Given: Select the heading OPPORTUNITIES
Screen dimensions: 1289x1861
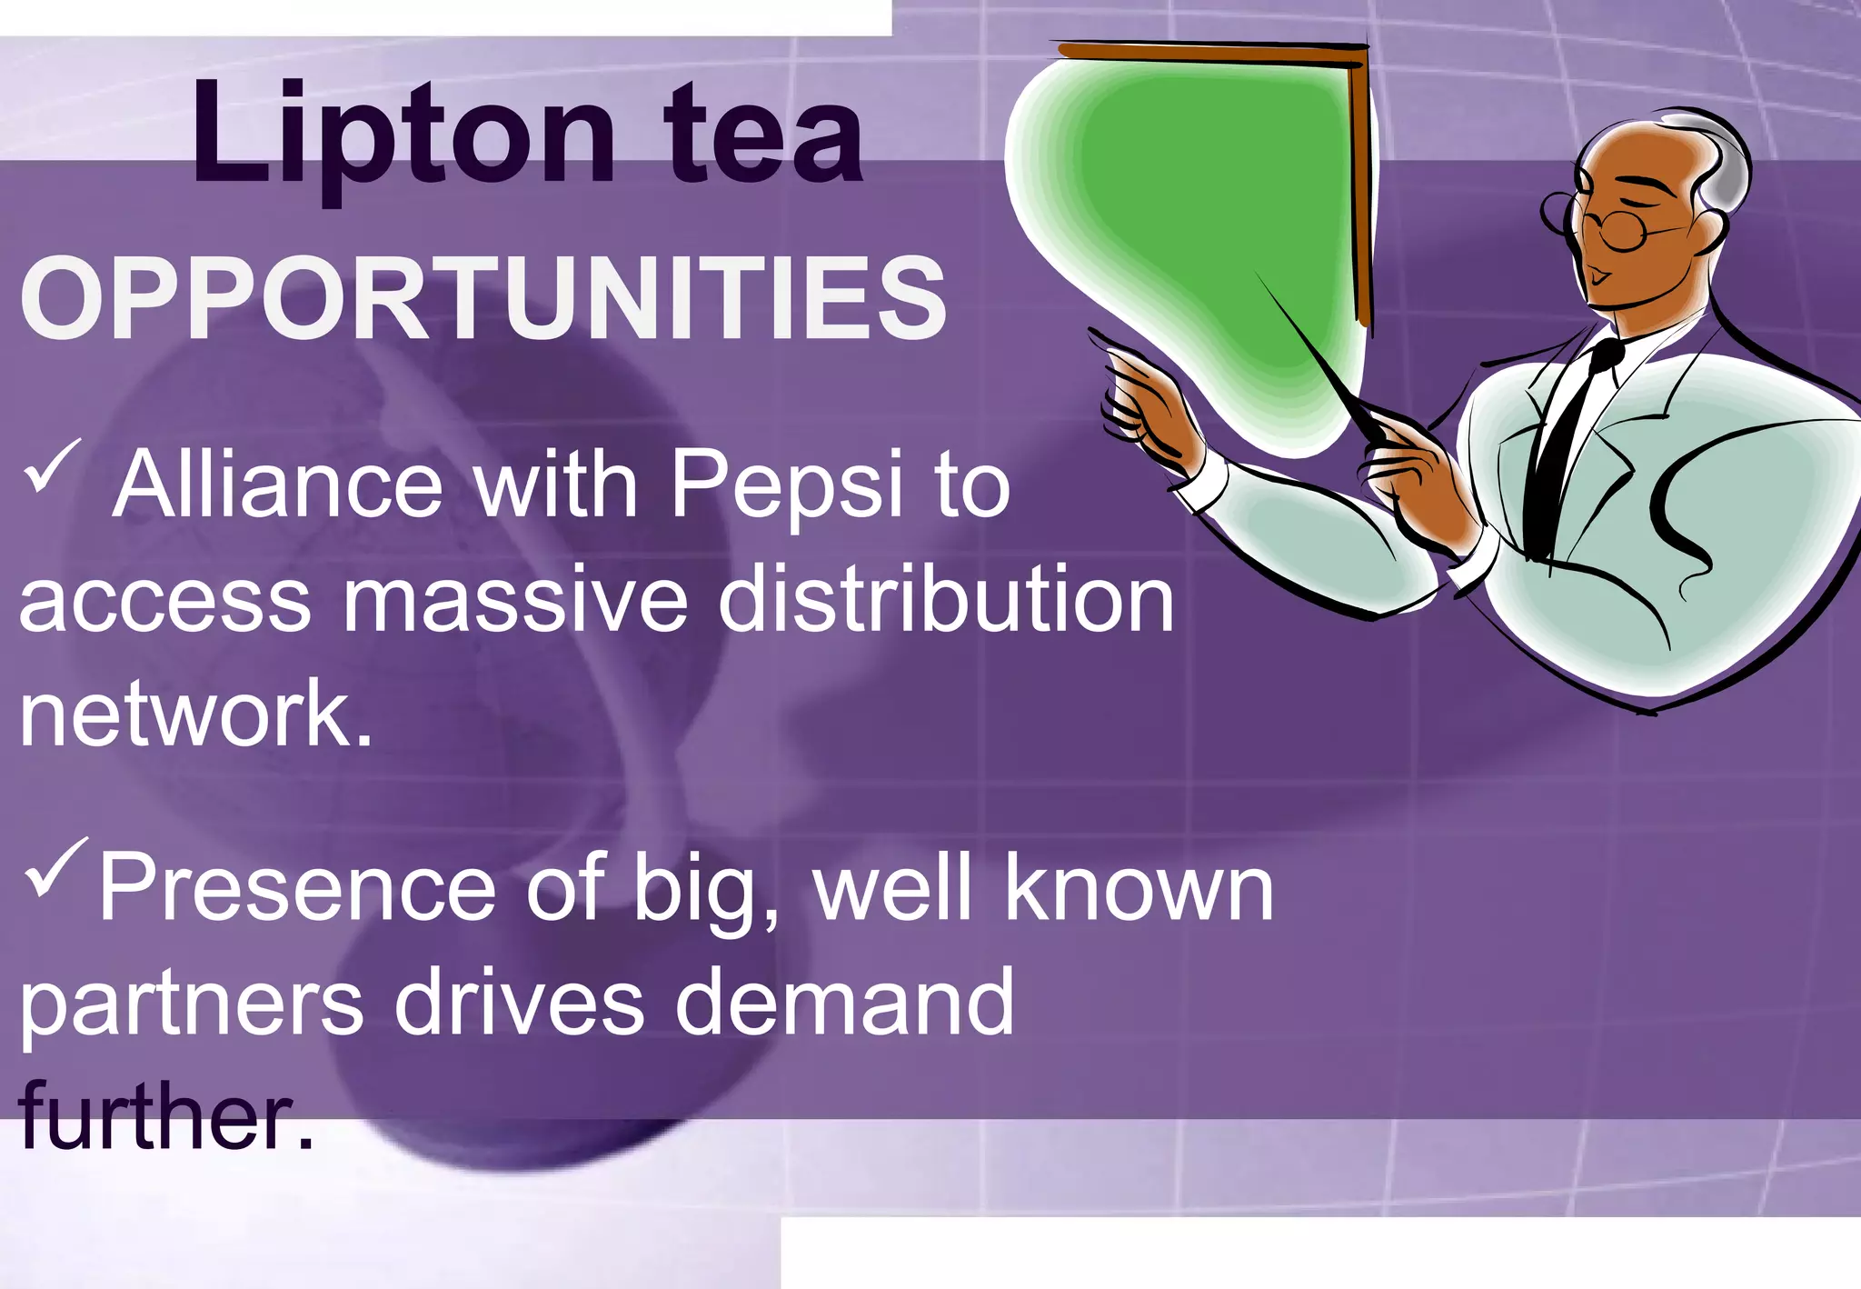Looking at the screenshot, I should (x=483, y=298).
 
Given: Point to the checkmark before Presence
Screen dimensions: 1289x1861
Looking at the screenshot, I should (x=56, y=866).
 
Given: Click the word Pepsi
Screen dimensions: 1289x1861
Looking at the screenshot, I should (x=787, y=486).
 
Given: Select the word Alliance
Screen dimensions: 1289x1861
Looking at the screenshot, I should (x=278, y=486).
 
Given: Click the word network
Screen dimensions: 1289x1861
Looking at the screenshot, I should (x=196, y=714).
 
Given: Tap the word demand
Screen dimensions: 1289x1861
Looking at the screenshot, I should (x=844, y=1003).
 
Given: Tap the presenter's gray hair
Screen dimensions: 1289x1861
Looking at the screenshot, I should (x=1717, y=164).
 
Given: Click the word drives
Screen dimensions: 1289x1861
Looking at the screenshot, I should (x=519, y=1003).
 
